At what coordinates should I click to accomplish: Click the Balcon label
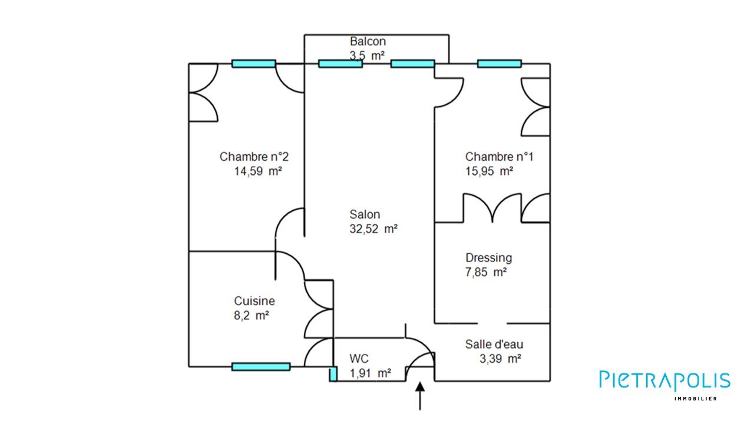(368, 42)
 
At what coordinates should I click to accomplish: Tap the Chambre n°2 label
(254, 157)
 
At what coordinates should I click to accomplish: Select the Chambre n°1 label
(499, 157)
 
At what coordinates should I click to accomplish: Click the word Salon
(365, 215)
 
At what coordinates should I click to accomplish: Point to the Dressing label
(488, 258)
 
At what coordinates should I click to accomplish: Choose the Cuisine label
(254, 301)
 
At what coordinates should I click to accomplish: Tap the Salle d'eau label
(494, 344)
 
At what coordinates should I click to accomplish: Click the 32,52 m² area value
(373, 230)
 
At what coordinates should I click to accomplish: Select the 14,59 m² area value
(258, 172)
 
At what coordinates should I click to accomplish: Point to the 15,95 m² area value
(489, 172)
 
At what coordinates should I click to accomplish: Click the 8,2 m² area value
(252, 316)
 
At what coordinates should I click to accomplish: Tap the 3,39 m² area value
(501, 359)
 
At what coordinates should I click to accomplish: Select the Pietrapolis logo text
(664, 381)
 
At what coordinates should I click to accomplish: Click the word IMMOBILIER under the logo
(695, 399)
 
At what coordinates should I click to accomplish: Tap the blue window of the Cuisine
(261, 367)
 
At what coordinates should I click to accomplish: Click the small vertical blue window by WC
(333, 374)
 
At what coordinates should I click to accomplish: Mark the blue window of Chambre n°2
(253, 64)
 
